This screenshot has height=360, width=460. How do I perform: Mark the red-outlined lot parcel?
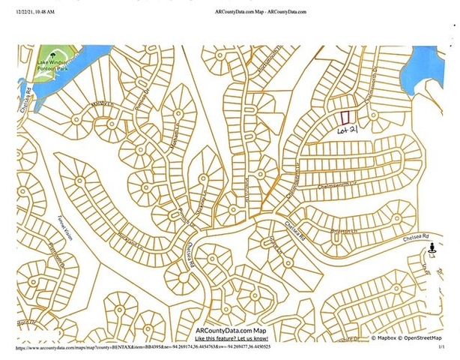pyautogui.click(x=345, y=118)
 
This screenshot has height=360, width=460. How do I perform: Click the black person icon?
pyautogui.click(x=432, y=242)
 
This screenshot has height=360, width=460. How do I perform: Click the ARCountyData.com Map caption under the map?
pyautogui.click(x=230, y=331)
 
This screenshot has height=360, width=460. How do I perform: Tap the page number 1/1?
pyautogui.click(x=441, y=349)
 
